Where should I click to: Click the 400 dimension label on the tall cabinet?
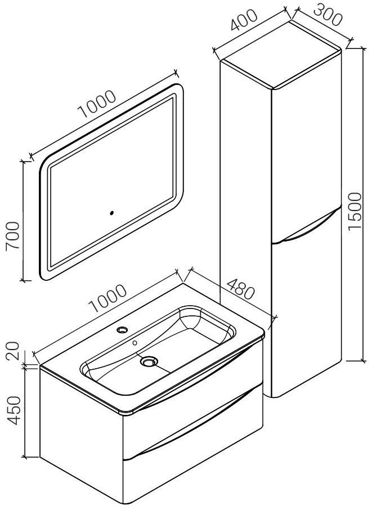(x=244, y=20)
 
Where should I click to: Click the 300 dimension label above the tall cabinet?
(x=328, y=15)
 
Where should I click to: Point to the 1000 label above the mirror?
(x=97, y=104)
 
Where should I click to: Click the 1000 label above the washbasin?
(x=107, y=298)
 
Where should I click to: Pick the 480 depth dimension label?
(x=240, y=289)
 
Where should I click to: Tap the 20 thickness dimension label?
(x=13, y=353)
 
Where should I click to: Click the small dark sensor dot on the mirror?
(x=112, y=213)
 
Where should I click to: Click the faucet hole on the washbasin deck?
(x=122, y=330)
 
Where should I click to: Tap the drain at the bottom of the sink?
(x=149, y=361)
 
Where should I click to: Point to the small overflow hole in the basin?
(x=135, y=342)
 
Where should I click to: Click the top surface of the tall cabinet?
(x=281, y=55)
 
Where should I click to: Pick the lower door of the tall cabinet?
(x=306, y=312)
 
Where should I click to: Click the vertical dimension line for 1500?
(x=363, y=204)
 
